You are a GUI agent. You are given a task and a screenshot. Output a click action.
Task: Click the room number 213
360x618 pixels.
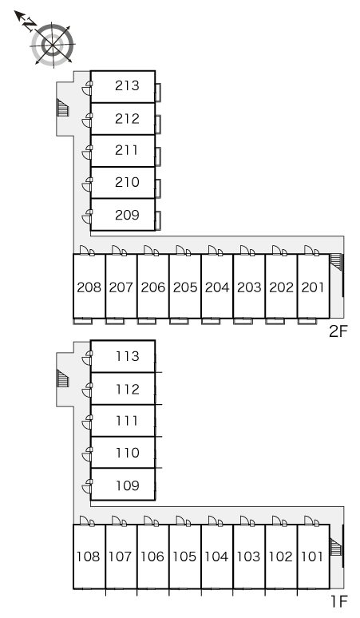click(x=127, y=85)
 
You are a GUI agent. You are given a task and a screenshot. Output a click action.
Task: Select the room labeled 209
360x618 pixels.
click(x=127, y=215)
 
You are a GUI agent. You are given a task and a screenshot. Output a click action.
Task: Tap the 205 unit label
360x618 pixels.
click(x=185, y=287)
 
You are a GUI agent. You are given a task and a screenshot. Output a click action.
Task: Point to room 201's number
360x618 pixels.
click(x=313, y=287)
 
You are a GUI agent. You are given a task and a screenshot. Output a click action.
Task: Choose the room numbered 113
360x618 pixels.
click(x=127, y=356)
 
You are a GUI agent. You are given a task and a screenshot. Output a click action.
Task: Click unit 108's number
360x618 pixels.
click(x=89, y=557)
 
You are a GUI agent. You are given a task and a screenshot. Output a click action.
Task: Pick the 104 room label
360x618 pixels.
click(x=216, y=557)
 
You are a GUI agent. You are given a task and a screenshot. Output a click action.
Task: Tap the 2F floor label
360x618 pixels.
click(x=338, y=331)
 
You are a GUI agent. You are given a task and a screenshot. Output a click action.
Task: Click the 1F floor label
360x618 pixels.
click(x=339, y=602)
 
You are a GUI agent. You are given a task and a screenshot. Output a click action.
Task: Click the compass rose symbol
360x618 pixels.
click(x=53, y=45)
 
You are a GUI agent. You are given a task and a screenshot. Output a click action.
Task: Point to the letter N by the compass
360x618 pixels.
click(x=28, y=25)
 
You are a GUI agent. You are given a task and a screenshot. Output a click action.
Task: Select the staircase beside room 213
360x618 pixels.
click(x=62, y=108)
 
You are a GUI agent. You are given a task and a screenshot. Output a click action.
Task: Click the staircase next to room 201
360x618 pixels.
click(x=335, y=261)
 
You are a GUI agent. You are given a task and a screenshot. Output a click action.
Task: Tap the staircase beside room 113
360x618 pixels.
click(x=62, y=378)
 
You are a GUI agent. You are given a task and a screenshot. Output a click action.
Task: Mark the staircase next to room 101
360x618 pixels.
click(x=335, y=547)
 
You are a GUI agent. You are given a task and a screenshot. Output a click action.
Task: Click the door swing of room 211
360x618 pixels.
click(x=87, y=153)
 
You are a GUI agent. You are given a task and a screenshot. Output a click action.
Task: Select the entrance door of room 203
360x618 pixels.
click(x=247, y=250)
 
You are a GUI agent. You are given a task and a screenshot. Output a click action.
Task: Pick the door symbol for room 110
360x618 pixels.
click(x=87, y=454)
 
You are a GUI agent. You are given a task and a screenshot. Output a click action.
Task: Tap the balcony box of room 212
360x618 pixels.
click(x=158, y=124)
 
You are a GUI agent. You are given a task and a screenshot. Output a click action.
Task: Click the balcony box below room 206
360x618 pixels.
click(x=147, y=321)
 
